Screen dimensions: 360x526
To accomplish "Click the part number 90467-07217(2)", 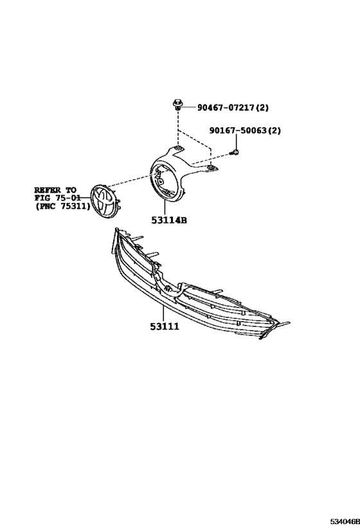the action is coord(233,108).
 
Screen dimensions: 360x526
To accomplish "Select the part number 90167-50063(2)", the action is coord(245,130).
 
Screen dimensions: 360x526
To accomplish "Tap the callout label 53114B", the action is coord(169,220).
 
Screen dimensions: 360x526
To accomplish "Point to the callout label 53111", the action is coord(165,326).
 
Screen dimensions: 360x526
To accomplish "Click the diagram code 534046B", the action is coord(345,522).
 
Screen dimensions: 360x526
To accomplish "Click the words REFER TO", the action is coord(55,190).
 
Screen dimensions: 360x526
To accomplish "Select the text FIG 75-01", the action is coord(57,198).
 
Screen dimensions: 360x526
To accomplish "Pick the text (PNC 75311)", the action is coord(63,206).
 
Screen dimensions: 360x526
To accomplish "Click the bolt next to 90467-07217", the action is coord(177,104).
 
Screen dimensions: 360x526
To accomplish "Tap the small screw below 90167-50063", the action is coord(235,153).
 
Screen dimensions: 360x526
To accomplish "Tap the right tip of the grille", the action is coord(289,323).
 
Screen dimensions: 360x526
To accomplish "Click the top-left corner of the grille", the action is coord(116,229).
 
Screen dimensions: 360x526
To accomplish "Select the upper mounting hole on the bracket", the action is coord(178,148).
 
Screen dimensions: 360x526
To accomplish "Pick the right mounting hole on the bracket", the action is coord(210,167).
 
